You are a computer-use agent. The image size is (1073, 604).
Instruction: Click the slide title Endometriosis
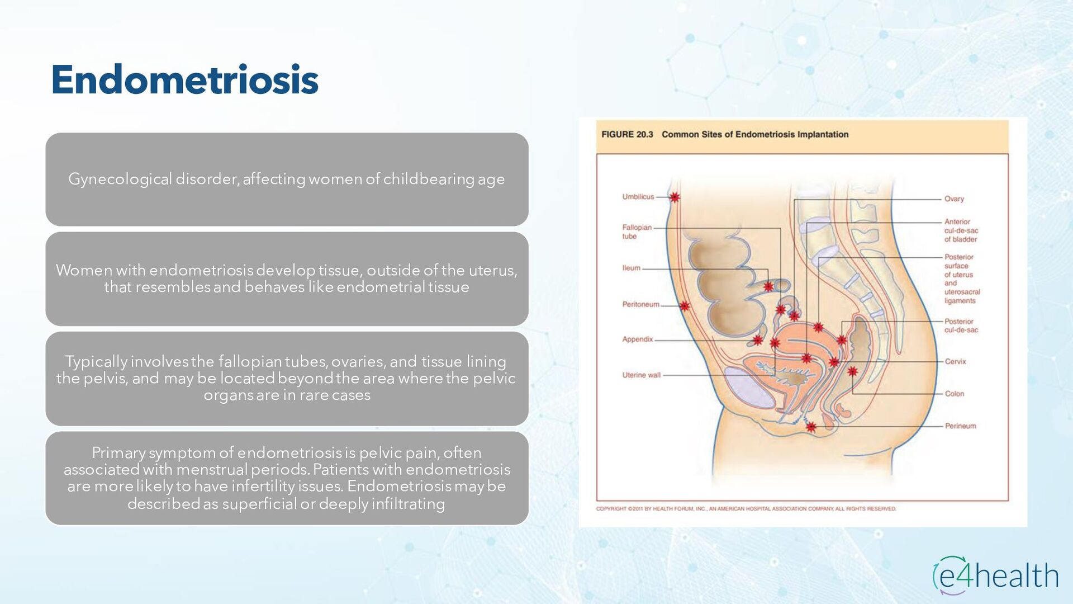tap(184, 80)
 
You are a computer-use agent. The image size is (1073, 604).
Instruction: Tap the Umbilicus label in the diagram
tap(638, 197)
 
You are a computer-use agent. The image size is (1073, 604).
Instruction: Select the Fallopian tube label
tap(637, 232)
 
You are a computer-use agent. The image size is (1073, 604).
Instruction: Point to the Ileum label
tap(631, 268)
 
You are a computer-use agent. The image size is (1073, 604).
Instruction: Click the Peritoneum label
tap(640, 304)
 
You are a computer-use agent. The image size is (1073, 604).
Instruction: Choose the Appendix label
tap(637, 339)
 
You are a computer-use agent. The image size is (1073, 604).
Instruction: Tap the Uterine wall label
tap(641, 375)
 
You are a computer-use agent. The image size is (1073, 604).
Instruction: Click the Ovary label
tap(954, 199)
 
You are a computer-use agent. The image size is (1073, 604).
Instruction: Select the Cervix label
tap(955, 361)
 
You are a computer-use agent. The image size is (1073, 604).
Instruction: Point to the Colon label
tap(954, 394)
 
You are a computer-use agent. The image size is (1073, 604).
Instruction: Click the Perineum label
tap(960, 426)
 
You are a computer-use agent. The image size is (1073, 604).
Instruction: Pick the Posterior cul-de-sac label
tap(961, 325)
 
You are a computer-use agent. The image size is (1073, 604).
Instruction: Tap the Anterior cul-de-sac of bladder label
tap(961, 230)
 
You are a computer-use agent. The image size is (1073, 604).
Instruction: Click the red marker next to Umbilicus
tap(675, 197)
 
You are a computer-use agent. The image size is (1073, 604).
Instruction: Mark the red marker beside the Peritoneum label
tap(685, 306)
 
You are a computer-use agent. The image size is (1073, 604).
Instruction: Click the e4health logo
tap(995, 575)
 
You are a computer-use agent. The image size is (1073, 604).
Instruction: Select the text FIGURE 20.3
tap(627, 135)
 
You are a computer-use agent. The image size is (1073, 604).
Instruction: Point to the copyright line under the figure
tap(746, 509)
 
